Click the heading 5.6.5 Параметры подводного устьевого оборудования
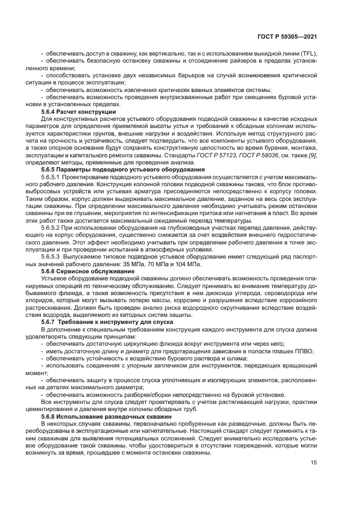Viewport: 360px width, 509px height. coord(123,169)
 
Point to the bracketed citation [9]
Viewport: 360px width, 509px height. coord(312,156)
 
